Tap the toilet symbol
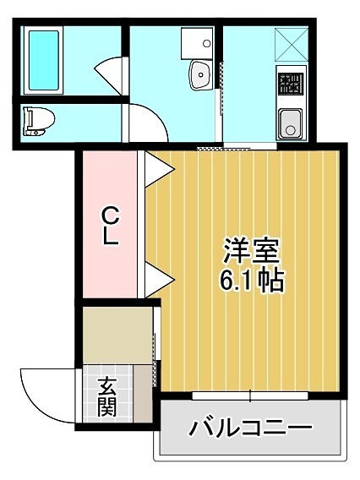34,121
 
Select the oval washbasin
201,74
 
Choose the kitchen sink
289,123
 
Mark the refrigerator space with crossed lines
289,41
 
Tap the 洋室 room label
250,251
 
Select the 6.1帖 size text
250,280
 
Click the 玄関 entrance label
106,396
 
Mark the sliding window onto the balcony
250,395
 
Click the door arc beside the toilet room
145,125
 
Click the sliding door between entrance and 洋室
155,355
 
